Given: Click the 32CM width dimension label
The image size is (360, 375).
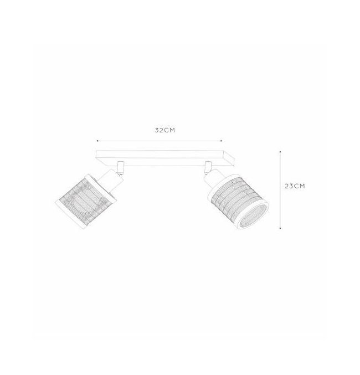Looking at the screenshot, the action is pos(165,130).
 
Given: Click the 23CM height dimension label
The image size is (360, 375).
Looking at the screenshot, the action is pos(295,186).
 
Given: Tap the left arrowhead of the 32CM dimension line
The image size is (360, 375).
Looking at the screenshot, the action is pos(97,141).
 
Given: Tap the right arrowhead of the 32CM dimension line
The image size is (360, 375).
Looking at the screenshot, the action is pos(222,141).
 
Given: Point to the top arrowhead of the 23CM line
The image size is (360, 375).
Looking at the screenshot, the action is pos(280,152).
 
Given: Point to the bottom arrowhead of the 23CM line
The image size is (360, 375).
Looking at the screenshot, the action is pos(280,228).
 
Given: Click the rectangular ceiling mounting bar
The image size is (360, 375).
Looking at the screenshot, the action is pos(164,158).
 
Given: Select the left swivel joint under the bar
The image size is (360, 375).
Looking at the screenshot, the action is pos(120,167).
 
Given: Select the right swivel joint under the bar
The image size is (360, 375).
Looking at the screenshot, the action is pos(208,167).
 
